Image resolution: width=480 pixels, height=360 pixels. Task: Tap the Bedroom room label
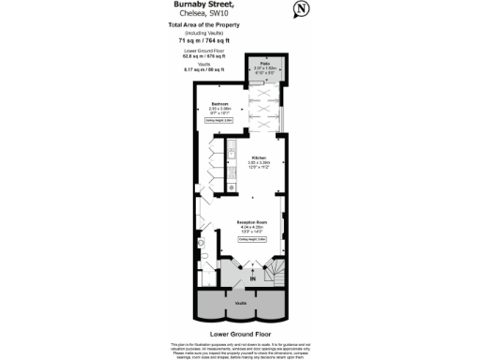pos(220,103)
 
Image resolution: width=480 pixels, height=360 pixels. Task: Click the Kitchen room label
pos(258,157)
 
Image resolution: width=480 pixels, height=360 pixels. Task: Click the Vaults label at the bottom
pos(241,304)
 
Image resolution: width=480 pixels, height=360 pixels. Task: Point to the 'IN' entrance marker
pos(251,279)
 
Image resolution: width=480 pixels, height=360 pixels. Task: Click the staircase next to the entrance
pos(279,272)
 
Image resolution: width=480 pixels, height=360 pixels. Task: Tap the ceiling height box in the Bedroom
pos(220,120)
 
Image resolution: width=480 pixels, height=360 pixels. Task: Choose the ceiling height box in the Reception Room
pos(253,240)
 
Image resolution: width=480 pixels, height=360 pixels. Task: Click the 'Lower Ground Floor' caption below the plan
pos(241,333)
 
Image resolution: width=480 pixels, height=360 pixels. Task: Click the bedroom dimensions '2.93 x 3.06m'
pos(220,109)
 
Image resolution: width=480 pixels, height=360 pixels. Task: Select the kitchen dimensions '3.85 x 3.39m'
pos(258,163)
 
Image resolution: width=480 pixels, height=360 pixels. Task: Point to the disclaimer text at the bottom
pos(241,350)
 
